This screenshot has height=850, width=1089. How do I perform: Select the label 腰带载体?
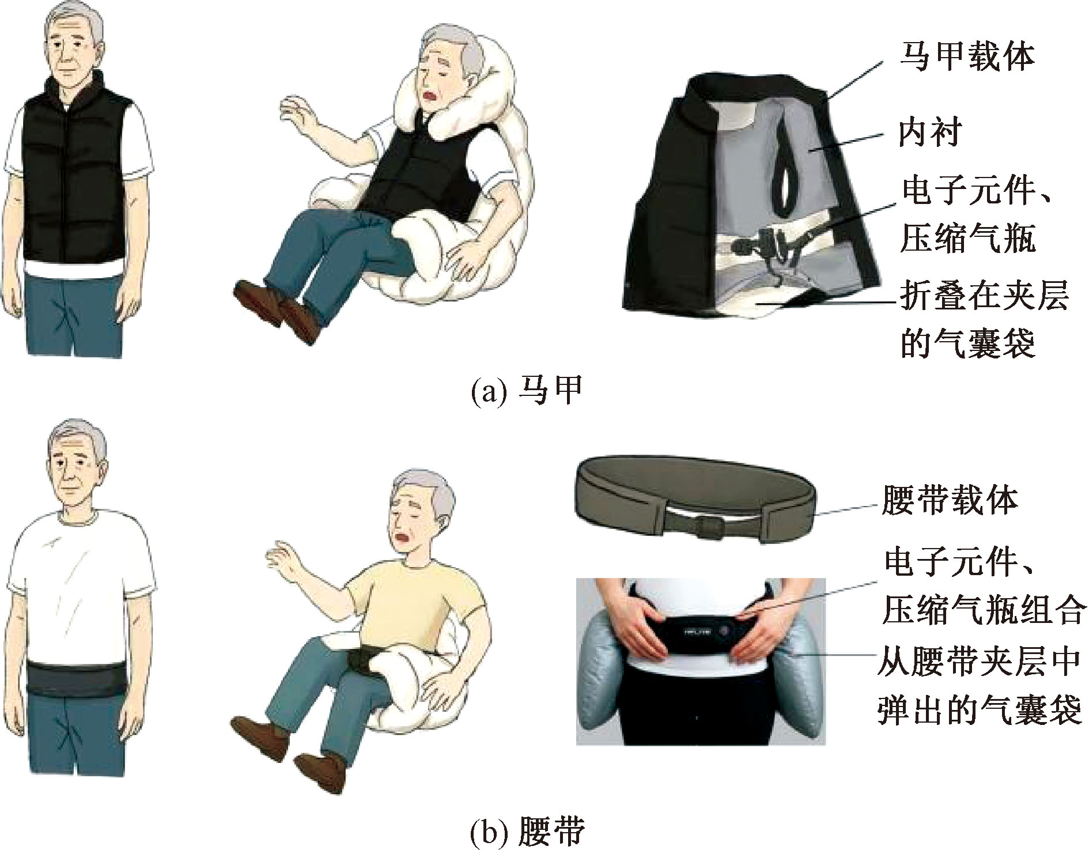click(950, 500)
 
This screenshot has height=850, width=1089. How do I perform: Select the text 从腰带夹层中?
click(981, 663)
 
